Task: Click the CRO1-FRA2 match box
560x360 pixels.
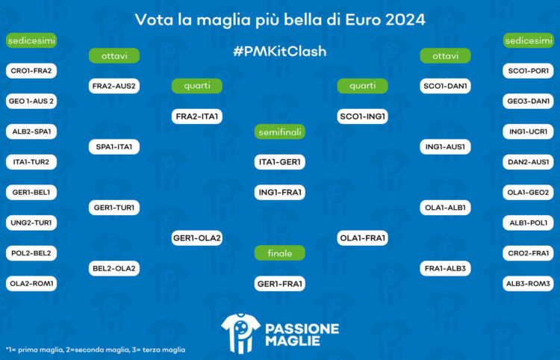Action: [31, 71]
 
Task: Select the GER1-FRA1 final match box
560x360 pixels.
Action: [279, 284]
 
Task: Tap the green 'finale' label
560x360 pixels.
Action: [279, 253]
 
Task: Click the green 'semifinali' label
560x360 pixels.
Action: [279, 132]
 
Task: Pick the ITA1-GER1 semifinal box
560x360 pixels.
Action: [279, 162]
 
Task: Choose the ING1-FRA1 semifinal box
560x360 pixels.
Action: [279, 193]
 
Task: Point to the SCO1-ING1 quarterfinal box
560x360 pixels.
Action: [362, 117]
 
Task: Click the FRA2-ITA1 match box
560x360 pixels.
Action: [197, 117]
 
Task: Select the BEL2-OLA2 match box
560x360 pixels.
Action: [114, 267]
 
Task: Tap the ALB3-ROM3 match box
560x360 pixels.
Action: [528, 284]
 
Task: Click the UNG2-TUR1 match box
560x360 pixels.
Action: [31, 223]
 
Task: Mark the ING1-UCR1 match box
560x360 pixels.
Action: [528, 131]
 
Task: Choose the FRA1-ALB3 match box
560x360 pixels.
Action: [445, 267]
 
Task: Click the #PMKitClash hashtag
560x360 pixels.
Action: [279, 52]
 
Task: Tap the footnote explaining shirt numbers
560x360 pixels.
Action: [96, 350]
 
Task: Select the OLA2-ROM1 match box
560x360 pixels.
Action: [31, 284]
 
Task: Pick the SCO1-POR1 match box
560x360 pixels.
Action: [528, 71]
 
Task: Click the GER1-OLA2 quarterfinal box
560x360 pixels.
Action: [197, 238]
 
